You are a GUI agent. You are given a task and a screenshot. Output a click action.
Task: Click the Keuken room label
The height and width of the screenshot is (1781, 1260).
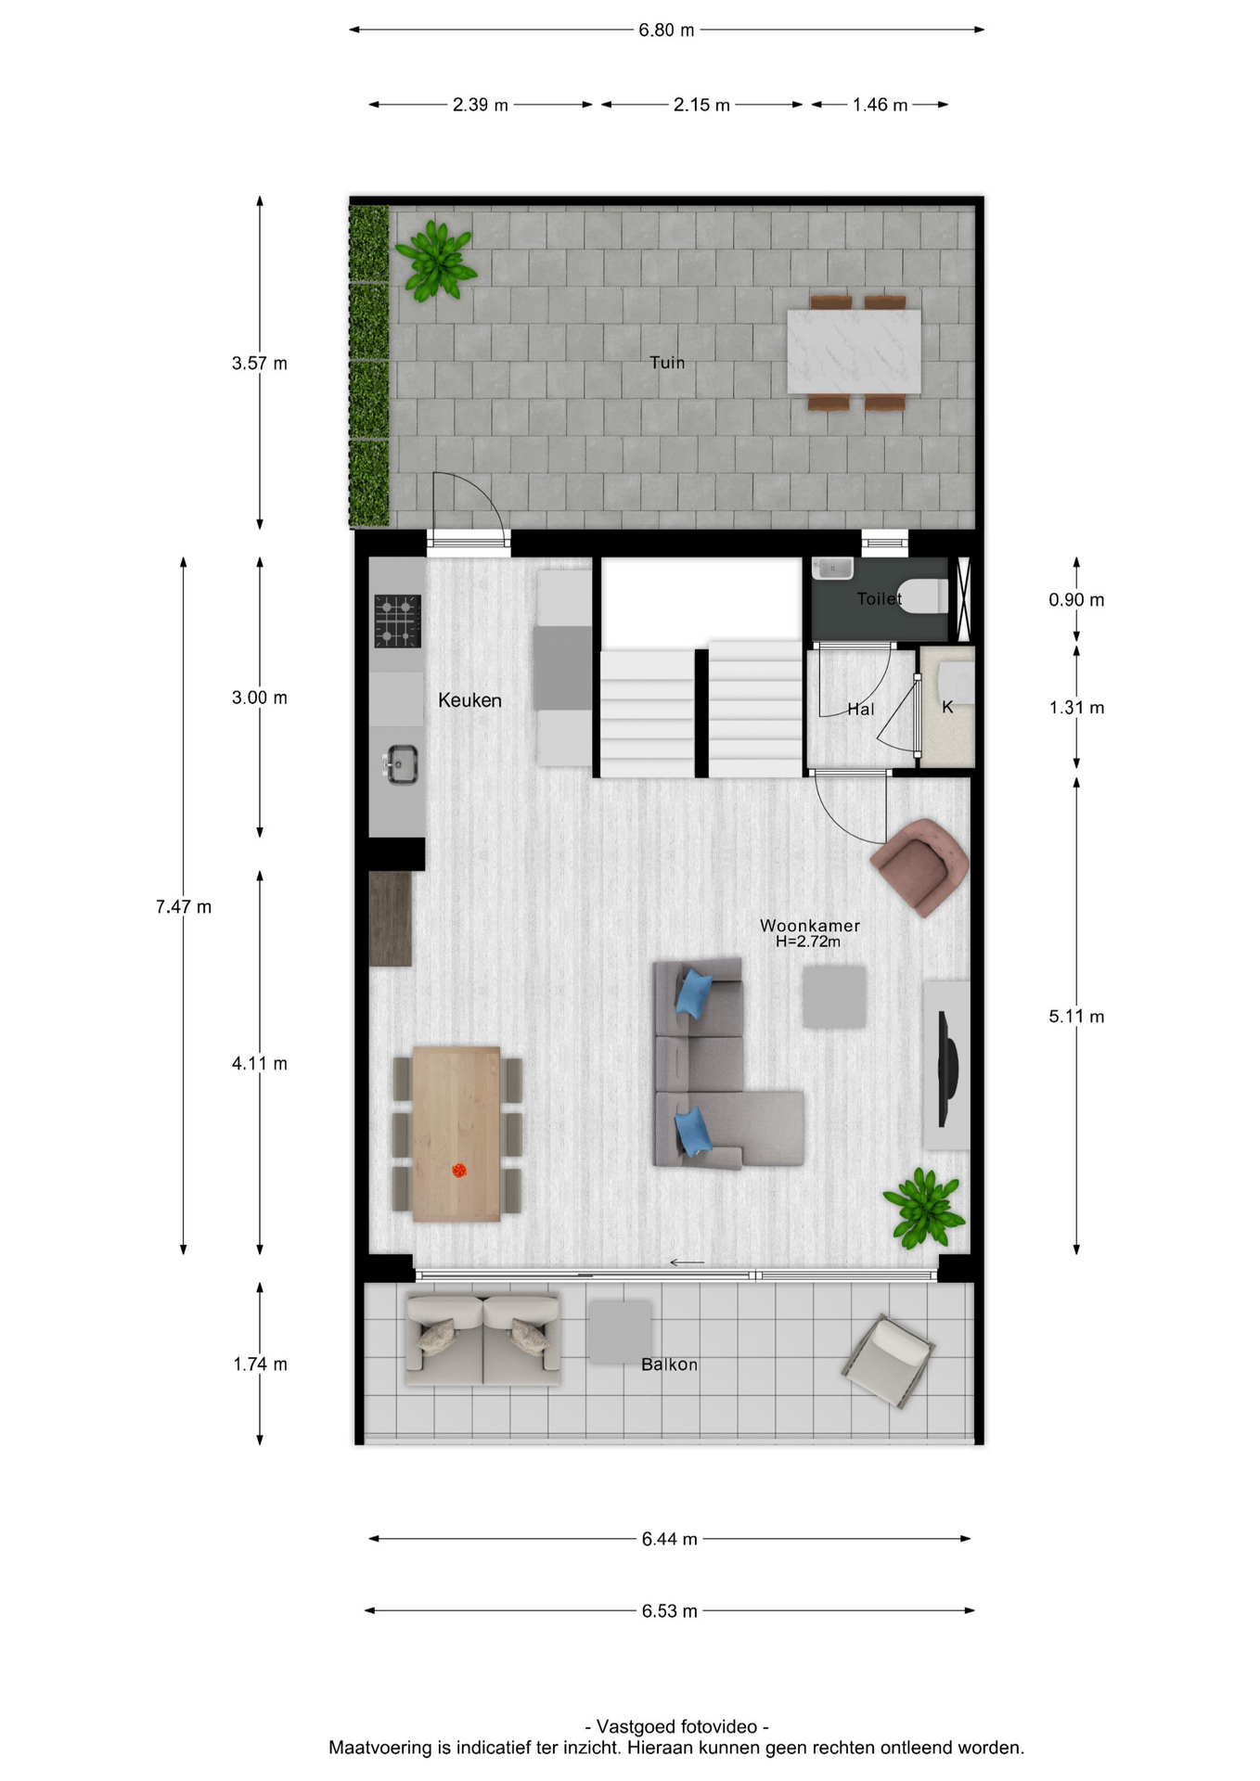click(469, 700)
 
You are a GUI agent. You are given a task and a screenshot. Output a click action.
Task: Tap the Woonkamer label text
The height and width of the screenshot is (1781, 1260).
click(810, 925)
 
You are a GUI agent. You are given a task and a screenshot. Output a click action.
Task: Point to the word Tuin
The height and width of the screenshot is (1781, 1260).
click(667, 363)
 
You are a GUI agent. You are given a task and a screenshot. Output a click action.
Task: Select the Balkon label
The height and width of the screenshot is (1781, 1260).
click(669, 1365)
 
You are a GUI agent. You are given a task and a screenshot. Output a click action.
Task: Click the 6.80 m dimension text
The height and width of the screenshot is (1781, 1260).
click(666, 31)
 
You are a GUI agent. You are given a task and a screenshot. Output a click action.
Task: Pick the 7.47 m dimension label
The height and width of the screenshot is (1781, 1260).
click(184, 906)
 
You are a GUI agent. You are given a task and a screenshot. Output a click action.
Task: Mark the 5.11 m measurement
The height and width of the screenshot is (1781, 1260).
click(1076, 1017)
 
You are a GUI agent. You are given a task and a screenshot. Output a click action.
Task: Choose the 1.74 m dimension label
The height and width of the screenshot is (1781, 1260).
click(260, 1365)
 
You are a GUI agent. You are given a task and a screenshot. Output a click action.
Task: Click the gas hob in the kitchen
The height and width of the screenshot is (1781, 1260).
click(397, 621)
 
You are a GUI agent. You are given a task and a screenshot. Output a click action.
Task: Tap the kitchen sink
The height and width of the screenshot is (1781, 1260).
click(401, 764)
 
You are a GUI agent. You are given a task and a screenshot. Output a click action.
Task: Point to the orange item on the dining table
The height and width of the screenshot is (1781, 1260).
click(458, 1171)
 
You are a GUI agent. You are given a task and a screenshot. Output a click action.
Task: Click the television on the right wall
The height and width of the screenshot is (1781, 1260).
click(948, 1067)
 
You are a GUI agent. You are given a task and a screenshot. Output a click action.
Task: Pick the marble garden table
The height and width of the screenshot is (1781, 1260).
click(854, 352)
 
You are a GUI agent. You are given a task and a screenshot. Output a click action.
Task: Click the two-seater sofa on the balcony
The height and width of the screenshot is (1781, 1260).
click(482, 1339)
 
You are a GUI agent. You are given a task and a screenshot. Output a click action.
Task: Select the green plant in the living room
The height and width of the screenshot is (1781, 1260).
click(923, 1208)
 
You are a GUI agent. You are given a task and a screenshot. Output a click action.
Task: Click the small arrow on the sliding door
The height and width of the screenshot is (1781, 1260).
click(687, 1262)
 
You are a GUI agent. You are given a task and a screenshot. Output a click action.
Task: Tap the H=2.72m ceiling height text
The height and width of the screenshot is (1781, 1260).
click(808, 942)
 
